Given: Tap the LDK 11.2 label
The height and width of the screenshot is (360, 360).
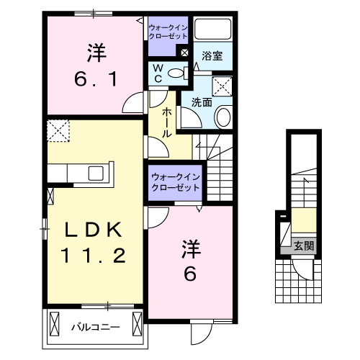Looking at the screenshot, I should coord(96,243).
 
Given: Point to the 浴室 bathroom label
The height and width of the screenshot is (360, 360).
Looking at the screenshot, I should coord(212,55).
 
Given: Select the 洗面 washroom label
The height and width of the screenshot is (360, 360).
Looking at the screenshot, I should coord(202,102).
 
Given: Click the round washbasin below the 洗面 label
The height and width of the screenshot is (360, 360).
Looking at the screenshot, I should coord(222,117).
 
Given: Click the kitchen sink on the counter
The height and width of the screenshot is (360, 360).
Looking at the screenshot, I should coord(96,174).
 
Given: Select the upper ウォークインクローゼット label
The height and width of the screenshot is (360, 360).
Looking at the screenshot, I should coord(168,32).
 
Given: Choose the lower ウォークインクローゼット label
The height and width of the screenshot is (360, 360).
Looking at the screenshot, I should coord(173,181).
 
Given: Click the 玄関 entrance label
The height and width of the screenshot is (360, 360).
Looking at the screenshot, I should coord(303,246).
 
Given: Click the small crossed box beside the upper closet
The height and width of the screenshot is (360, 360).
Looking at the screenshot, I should coord(184,53).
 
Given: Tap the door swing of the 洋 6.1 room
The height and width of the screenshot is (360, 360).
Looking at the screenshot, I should coord(132,104).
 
